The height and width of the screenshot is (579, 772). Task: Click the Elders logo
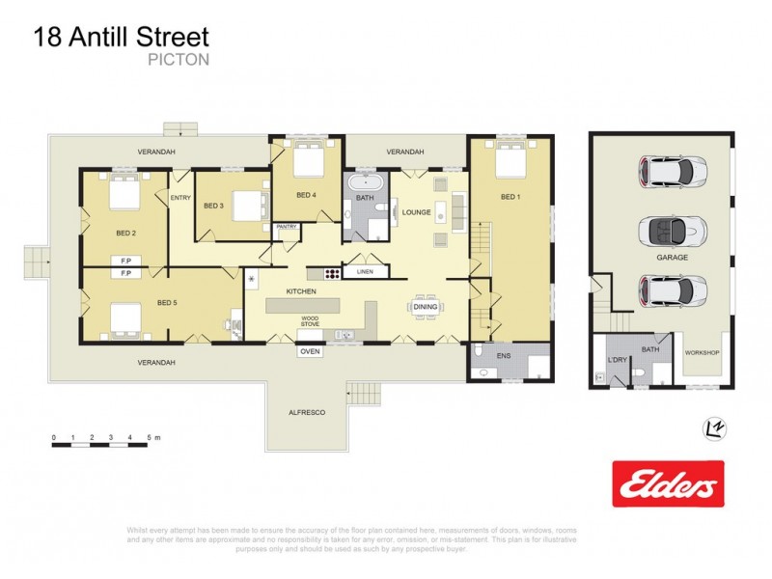click(x=668, y=482)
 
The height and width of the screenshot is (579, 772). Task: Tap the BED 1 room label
click(x=510, y=197)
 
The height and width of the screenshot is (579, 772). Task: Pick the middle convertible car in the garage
click(x=672, y=231)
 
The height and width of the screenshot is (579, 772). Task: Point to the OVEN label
click(x=310, y=351)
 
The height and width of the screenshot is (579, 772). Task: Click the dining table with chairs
click(x=426, y=307)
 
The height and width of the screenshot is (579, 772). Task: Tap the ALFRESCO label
click(x=309, y=412)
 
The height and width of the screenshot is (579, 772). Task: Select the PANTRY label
click(x=287, y=227)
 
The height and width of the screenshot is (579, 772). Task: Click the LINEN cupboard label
click(x=365, y=272)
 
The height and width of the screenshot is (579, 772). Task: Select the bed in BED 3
click(x=249, y=205)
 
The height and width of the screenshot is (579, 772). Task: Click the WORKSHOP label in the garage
click(x=702, y=352)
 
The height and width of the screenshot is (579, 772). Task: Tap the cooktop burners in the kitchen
click(x=331, y=273)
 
